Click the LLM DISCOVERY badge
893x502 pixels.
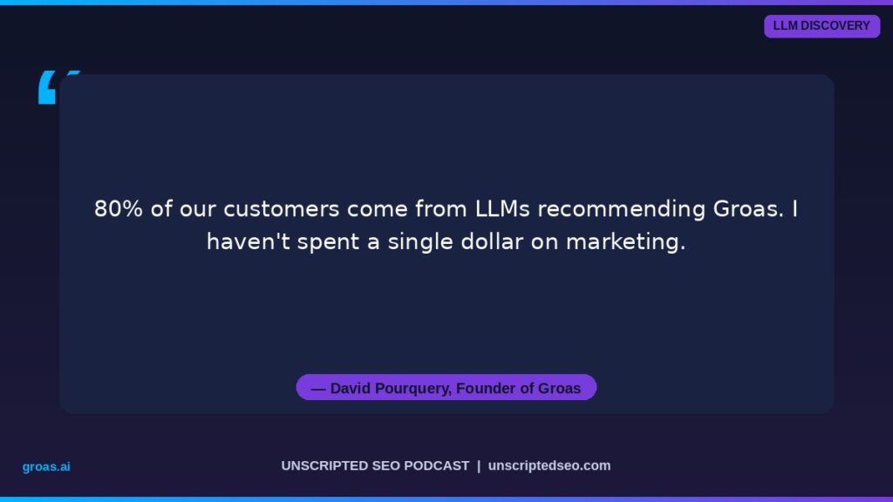[821, 26]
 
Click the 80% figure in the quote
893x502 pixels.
[119, 209]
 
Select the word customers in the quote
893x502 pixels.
[282, 209]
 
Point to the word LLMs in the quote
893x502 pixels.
[502, 209]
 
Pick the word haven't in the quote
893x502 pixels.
[249, 242]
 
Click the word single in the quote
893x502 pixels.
[420, 243]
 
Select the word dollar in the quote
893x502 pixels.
[492, 242]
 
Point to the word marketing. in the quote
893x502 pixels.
[625, 243]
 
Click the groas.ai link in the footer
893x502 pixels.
[46, 467]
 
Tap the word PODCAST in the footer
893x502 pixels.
[437, 465]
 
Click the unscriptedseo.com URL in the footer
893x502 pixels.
[549, 465]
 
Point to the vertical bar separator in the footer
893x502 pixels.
[479, 465]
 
